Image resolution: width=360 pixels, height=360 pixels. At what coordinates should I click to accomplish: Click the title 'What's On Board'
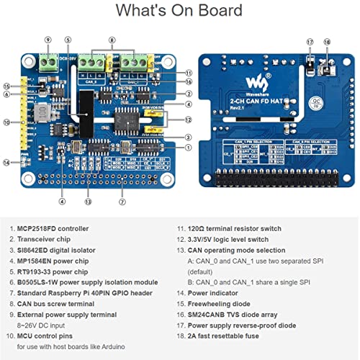point(179,11)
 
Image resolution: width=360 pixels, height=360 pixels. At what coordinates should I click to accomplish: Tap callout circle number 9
point(48,40)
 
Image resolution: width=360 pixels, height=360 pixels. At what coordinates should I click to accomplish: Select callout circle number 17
point(310,42)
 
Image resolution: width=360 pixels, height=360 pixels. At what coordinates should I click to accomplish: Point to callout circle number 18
point(326,42)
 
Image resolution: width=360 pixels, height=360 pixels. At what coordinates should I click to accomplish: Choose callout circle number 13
point(89,202)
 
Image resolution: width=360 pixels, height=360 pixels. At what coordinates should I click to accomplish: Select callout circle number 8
point(112,40)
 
